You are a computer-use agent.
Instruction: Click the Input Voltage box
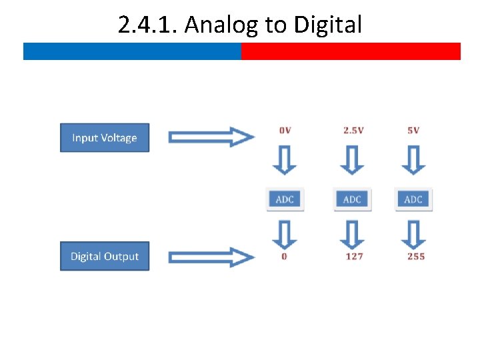click(105, 138)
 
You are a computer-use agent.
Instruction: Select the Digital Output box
click(105, 257)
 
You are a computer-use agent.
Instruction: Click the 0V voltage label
click(285, 130)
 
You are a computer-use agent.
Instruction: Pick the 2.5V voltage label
click(353, 130)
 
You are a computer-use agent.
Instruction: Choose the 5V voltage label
click(413, 130)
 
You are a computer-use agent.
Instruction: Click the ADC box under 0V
click(285, 199)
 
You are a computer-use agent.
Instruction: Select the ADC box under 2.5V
click(352, 199)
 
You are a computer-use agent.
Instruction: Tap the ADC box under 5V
click(413, 199)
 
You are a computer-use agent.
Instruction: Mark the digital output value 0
click(285, 257)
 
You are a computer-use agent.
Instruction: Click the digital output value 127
click(354, 257)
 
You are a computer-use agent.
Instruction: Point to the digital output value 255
click(416, 257)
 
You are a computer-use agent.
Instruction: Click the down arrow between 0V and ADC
click(285, 161)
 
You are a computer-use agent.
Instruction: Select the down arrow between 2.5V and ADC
click(352, 161)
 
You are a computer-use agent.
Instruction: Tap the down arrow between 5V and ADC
click(414, 161)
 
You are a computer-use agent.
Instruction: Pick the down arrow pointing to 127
click(352, 234)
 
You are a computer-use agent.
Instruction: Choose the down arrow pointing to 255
click(414, 234)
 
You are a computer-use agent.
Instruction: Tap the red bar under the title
click(351, 51)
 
